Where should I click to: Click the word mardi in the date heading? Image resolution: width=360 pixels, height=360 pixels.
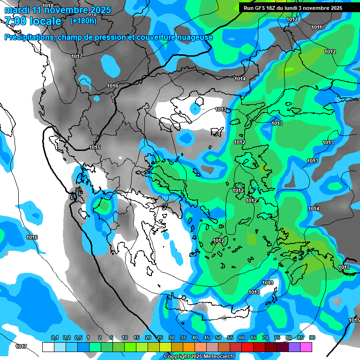(x=17, y=10)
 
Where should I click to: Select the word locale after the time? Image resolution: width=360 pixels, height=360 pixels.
(x=44, y=22)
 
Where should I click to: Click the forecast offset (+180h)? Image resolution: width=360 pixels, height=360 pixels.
(x=83, y=21)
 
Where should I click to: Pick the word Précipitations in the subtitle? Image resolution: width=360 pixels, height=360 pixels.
(x=29, y=37)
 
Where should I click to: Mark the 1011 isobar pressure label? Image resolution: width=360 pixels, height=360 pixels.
(x=317, y=28)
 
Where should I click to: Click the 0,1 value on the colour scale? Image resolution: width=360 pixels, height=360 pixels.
(x=54, y=338)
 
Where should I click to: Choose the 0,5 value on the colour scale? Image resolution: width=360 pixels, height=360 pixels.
(x=78, y=338)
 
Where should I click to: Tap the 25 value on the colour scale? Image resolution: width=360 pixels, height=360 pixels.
(x=160, y=338)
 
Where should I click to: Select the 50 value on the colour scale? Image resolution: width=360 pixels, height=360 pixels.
(x=218, y=338)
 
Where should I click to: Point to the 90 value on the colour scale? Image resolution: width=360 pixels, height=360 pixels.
(x=312, y=338)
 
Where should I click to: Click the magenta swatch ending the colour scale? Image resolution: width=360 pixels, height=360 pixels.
(x=306, y=347)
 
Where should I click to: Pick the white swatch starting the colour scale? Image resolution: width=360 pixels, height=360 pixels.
(x=48, y=347)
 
